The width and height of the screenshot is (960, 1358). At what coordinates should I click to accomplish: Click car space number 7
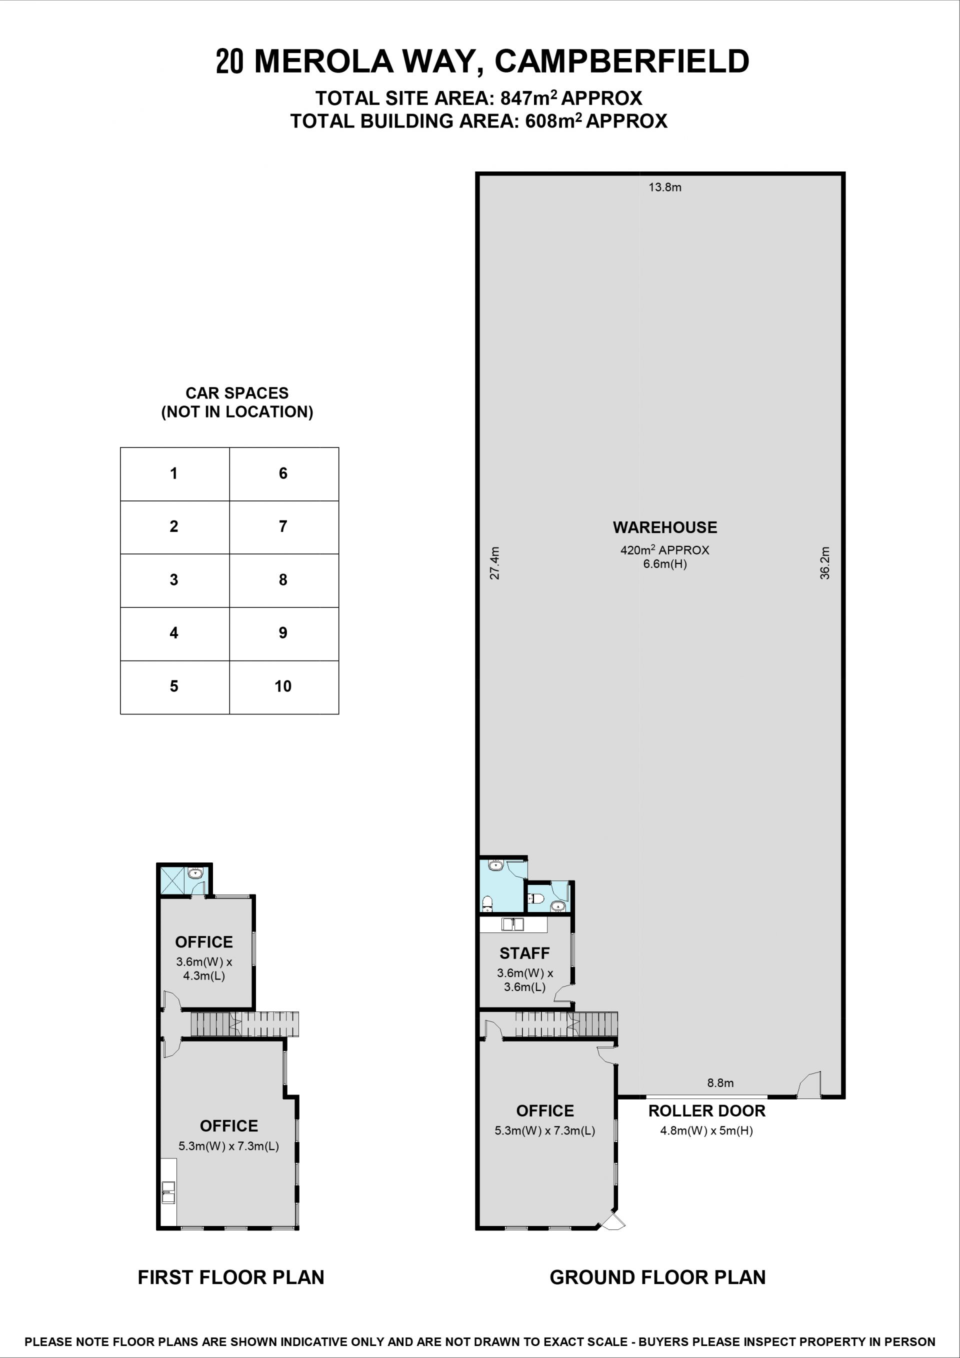[x=283, y=526]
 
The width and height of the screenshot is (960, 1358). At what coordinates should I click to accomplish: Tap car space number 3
[x=174, y=579]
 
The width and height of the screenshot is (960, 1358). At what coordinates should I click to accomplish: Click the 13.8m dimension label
[x=665, y=187]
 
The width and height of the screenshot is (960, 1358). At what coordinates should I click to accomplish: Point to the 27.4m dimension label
[x=495, y=563]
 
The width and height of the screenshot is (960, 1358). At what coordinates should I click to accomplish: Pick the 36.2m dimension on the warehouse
[x=824, y=563]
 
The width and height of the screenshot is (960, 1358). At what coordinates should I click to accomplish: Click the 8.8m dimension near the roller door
[x=720, y=1083]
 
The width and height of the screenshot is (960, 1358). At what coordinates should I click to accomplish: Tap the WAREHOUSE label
[x=665, y=527]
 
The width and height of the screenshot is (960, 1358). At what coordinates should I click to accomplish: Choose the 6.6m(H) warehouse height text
[x=665, y=563]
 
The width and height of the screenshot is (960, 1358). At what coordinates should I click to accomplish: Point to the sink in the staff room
[x=512, y=924]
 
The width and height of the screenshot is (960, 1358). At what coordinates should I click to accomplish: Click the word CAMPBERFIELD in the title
[x=621, y=61]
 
